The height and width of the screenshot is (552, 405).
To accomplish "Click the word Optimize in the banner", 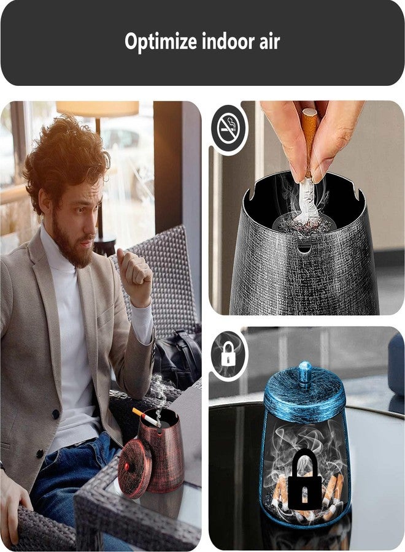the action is click(x=160, y=42).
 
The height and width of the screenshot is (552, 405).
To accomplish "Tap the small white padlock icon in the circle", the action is click(x=228, y=354).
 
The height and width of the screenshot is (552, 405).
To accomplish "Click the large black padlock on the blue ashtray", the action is click(x=304, y=479).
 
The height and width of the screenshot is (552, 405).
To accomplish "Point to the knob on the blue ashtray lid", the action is click(x=305, y=374).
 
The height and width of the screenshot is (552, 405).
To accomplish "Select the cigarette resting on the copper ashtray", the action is click(x=147, y=418).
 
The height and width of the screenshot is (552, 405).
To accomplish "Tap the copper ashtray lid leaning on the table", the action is click(x=134, y=468).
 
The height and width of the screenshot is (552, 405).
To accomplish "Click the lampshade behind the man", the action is click(x=98, y=109).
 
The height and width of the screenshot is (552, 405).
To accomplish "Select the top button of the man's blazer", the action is click(x=55, y=414).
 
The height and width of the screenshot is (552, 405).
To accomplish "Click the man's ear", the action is click(x=45, y=202).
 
